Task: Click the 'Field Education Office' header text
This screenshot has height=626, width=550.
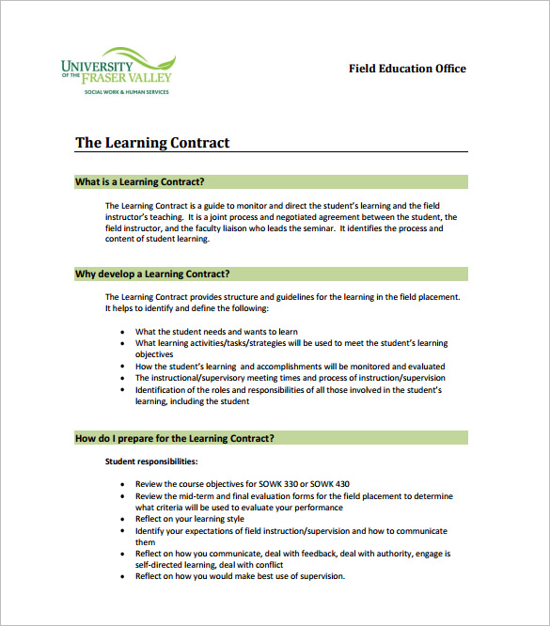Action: click(x=407, y=69)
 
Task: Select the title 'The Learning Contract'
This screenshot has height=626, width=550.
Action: click(x=152, y=143)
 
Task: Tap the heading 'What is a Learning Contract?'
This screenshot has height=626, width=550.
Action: click(x=139, y=181)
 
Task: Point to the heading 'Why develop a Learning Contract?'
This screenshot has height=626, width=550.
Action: click(x=152, y=274)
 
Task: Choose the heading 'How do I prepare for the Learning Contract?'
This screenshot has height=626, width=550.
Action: click(x=175, y=438)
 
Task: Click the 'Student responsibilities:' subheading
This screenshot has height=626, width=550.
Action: click(x=151, y=462)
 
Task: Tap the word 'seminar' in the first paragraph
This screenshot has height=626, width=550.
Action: click(x=318, y=228)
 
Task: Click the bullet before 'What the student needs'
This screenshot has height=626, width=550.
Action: click(x=124, y=332)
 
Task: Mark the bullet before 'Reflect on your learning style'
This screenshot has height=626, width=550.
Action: click(x=124, y=519)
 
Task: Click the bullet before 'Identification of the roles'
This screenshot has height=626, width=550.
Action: click(x=124, y=390)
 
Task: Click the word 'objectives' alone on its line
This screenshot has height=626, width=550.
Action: click(x=156, y=355)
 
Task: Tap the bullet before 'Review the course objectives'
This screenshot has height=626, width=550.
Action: click(x=124, y=484)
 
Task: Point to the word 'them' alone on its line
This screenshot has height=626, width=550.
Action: click(x=145, y=542)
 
